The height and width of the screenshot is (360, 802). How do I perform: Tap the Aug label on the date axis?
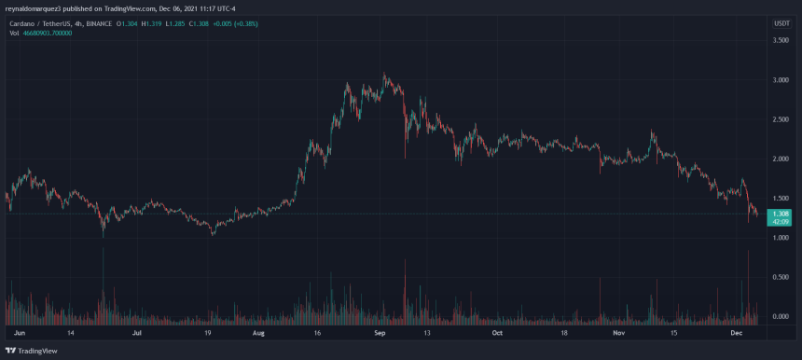[x=259, y=331]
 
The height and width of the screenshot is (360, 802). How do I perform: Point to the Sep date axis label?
[x=380, y=331]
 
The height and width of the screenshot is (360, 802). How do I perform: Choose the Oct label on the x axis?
[x=497, y=331]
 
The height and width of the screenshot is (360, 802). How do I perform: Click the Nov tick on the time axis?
[x=618, y=331]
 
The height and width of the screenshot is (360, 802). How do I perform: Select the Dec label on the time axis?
[x=736, y=331]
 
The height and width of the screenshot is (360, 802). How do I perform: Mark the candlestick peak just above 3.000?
[x=385, y=75]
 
